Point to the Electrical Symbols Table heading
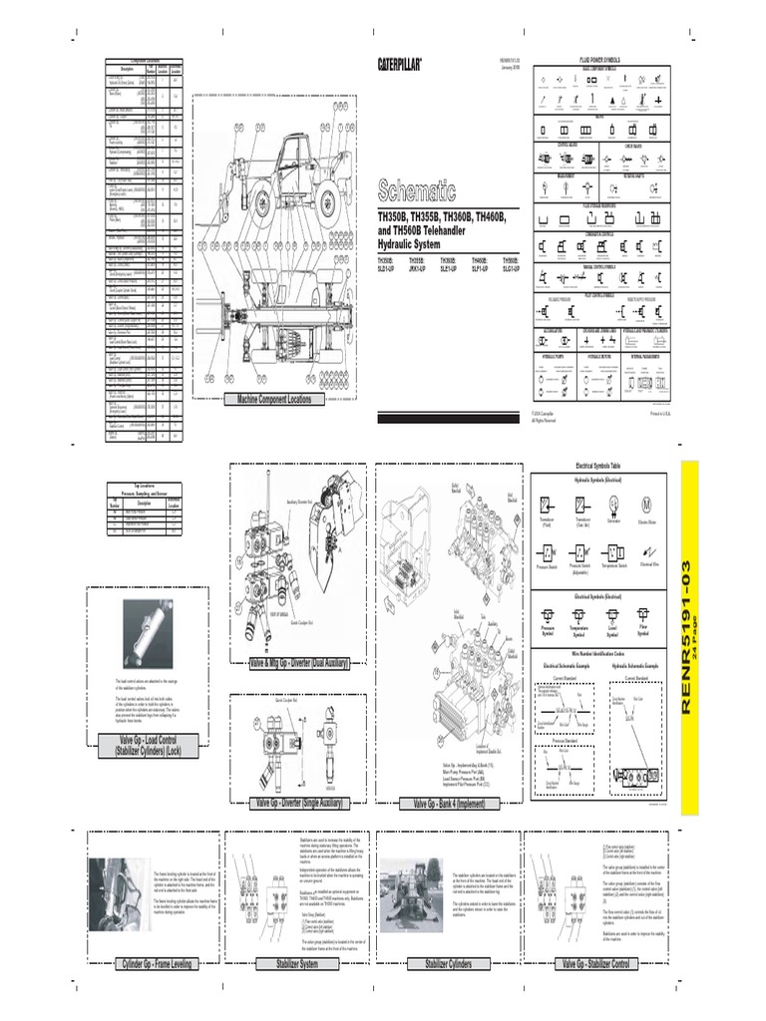point(597,466)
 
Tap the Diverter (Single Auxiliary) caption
point(297,803)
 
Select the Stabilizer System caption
point(281,964)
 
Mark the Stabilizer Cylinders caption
point(448,964)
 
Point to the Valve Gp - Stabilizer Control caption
point(595,964)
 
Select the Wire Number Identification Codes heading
point(597,649)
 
